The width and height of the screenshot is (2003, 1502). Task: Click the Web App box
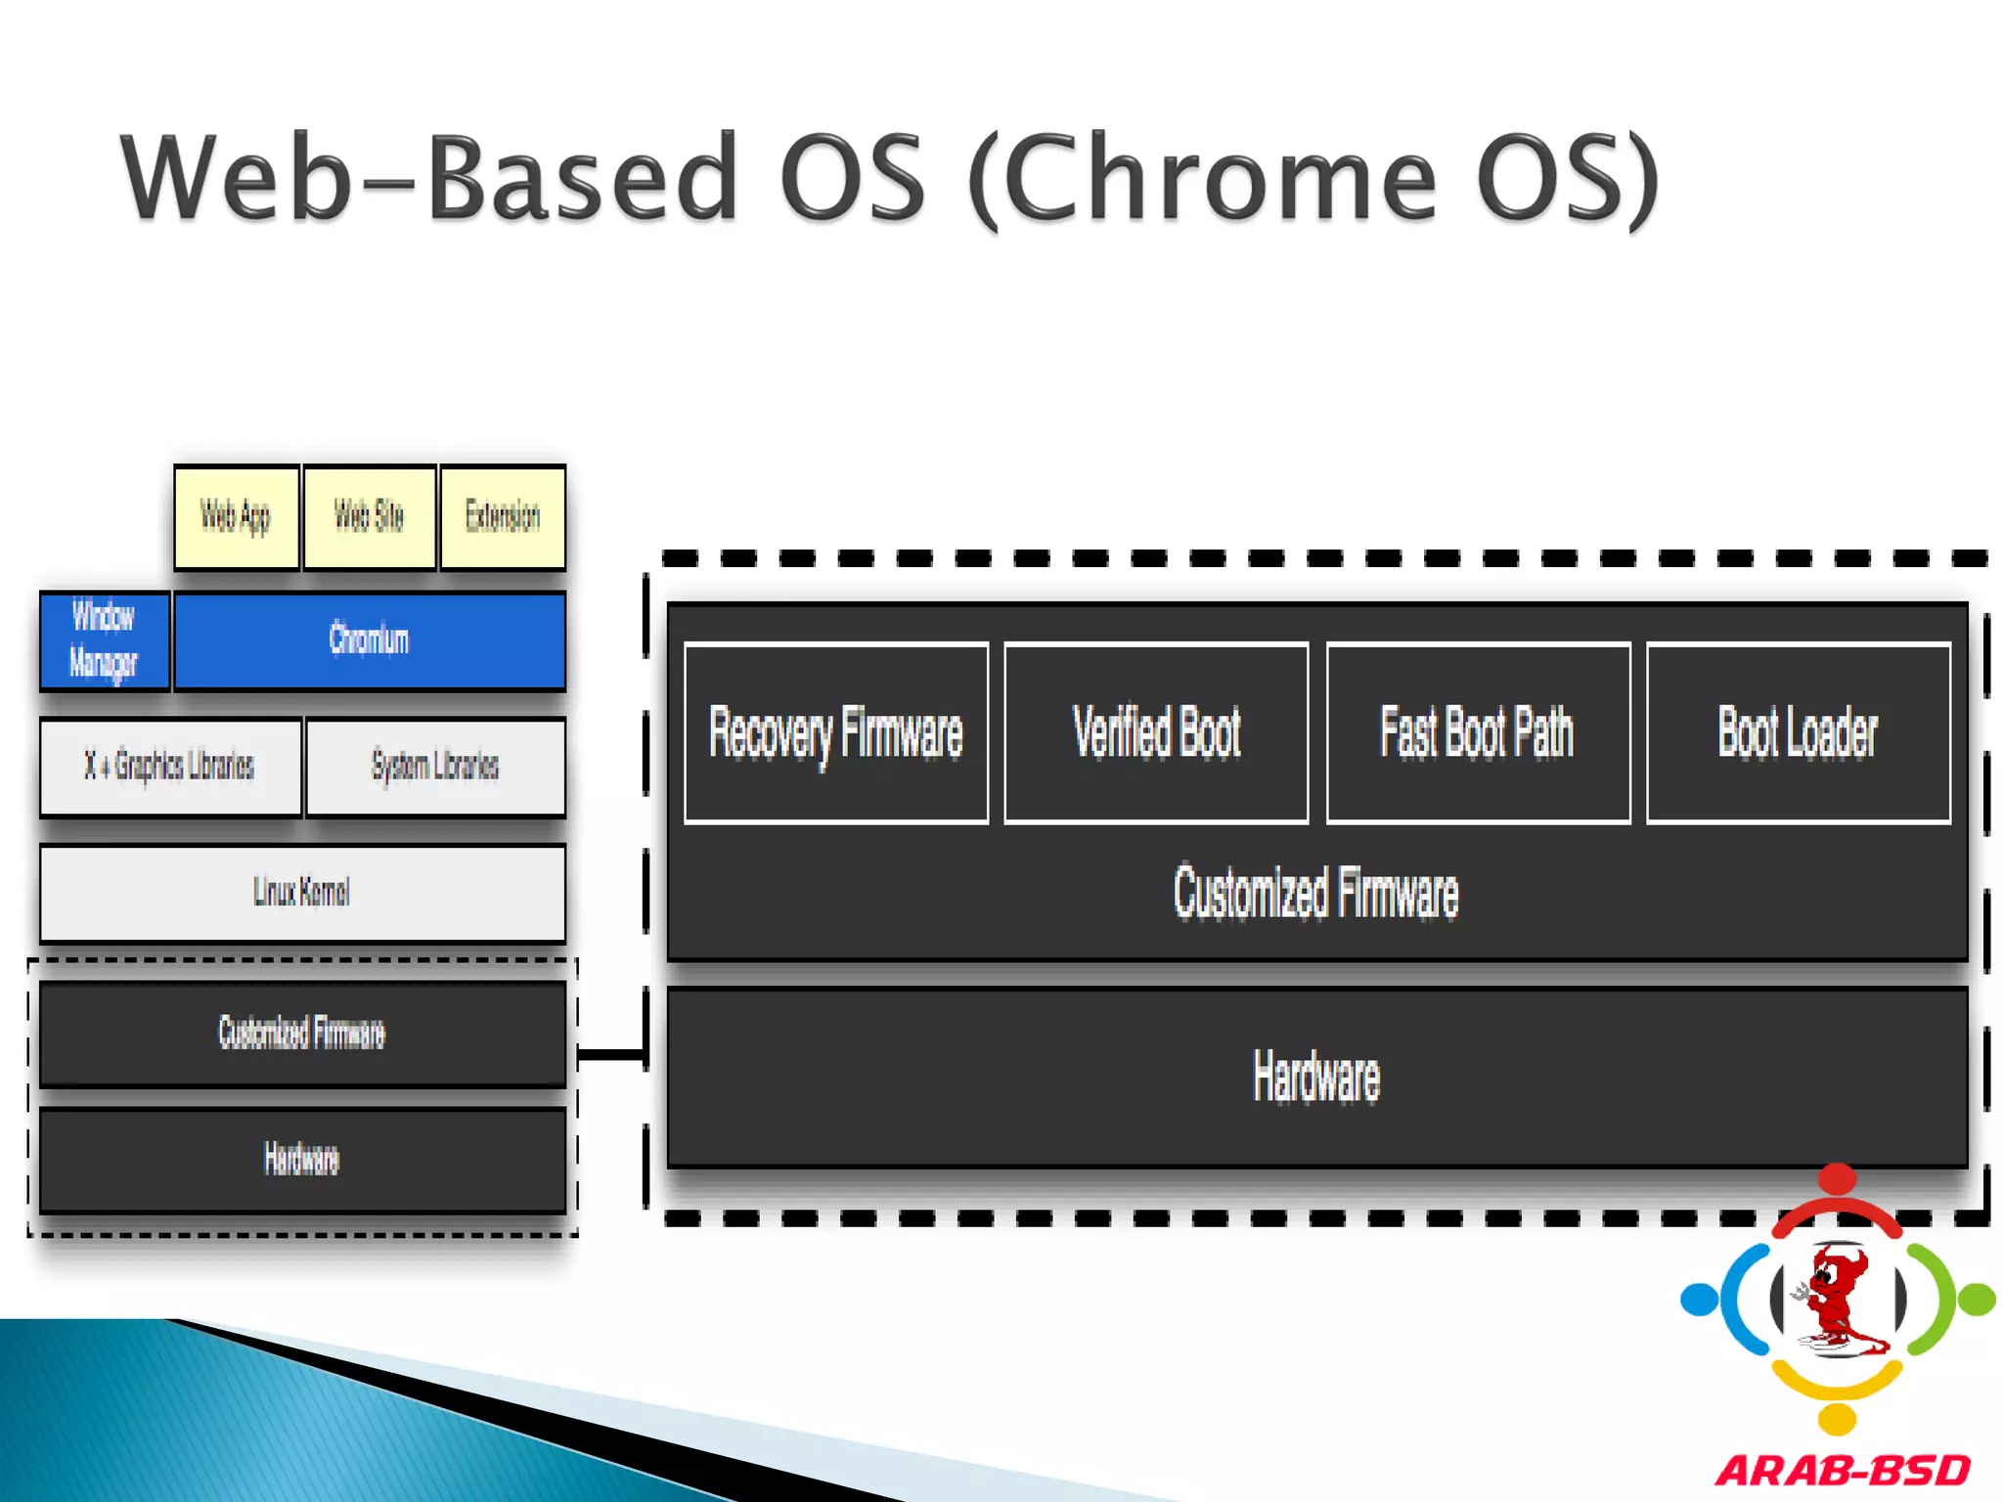[237, 516]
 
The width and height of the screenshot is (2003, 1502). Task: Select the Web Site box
[370, 516]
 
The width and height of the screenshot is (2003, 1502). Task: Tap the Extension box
[503, 516]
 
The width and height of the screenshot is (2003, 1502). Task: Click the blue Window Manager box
[105, 641]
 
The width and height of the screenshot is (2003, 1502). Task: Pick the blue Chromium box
[370, 641]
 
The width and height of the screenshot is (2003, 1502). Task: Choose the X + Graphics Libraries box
[170, 767]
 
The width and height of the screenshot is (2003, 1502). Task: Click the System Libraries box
[436, 767]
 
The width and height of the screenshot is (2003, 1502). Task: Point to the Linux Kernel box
[302, 893]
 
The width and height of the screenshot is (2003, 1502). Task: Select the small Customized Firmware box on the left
[302, 1034]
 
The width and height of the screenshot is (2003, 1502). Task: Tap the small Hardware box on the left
[302, 1160]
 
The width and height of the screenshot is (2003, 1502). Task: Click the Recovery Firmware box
[836, 733]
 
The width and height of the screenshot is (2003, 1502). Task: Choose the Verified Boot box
[1156, 733]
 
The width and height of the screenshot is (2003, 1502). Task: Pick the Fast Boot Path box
[1478, 733]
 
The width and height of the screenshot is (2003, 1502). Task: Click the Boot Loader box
[1799, 733]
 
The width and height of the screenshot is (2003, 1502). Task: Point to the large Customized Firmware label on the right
[1316, 893]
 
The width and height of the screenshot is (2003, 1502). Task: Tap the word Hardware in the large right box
[1316, 1078]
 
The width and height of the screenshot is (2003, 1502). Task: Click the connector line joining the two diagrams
[610, 1053]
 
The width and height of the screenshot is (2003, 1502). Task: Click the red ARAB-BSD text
[1843, 1471]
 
